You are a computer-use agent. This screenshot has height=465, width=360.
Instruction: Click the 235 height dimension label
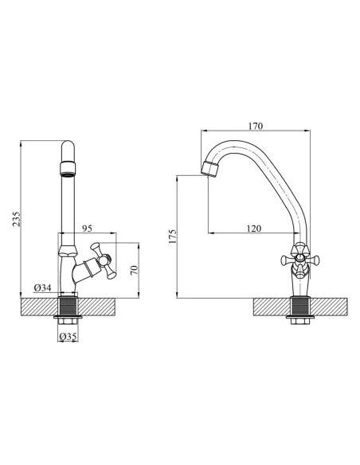click(x=17, y=219)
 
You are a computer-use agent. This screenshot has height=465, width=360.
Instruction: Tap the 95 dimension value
click(x=87, y=229)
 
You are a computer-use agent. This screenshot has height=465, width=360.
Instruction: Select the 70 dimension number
click(x=135, y=270)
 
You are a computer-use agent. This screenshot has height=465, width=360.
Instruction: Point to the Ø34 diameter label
click(x=42, y=287)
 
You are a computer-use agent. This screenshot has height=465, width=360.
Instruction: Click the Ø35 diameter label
click(x=68, y=336)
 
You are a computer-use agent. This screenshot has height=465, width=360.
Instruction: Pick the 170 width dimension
click(x=256, y=126)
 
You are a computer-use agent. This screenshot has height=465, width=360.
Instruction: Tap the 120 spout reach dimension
click(x=254, y=229)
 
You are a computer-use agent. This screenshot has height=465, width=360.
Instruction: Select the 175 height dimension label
click(x=172, y=236)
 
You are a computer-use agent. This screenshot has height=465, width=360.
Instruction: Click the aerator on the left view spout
click(x=68, y=169)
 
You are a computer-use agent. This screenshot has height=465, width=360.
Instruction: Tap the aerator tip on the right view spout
click(x=210, y=170)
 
